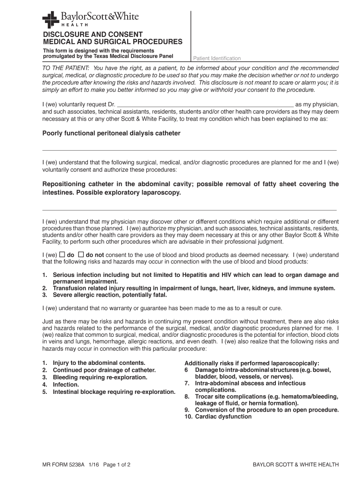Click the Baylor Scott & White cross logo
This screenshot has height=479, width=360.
(x=50, y=20)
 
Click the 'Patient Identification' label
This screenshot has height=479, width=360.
(x=217, y=58)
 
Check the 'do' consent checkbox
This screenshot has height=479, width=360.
(x=62, y=254)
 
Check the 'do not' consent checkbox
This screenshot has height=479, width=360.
(x=80, y=254)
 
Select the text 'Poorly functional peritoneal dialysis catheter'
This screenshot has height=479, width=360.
(x=111, y=133)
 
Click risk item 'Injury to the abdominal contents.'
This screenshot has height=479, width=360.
(x=99, y=363)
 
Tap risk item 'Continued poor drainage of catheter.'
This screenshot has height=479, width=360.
(x=104, y=370)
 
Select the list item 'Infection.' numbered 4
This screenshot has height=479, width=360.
(x=66, y=385)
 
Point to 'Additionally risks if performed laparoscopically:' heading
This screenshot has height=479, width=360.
(x=252, y=363)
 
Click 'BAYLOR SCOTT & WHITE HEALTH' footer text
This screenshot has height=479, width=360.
(x=295, y=465)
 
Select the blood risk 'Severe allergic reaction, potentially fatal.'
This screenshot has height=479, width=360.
(x=110, y=295)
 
